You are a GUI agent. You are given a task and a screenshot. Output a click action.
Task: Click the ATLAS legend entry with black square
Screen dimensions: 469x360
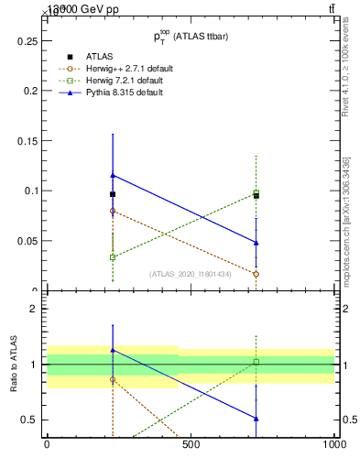coord(99,57)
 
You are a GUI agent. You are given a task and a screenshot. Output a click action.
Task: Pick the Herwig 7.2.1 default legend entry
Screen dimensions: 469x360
coord(123,81)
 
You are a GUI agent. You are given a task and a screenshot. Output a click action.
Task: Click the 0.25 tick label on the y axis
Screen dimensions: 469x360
coord(25,41)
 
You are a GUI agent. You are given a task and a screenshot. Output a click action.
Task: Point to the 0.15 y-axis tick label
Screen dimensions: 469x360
coord(25,141)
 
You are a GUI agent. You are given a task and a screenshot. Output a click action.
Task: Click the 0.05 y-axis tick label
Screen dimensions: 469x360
coord(25,241)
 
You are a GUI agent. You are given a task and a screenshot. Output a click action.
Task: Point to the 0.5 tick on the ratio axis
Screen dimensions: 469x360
coord(27,420)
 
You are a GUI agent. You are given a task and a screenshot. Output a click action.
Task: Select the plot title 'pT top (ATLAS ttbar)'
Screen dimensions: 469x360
coord(190,36)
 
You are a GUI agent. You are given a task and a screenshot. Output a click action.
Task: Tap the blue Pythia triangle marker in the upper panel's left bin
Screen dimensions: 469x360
coord(113,175)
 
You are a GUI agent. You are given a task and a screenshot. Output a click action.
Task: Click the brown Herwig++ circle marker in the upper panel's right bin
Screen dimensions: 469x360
coord(256,274)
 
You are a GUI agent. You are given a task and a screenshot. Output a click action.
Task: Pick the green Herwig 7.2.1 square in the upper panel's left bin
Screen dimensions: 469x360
coord(113,257)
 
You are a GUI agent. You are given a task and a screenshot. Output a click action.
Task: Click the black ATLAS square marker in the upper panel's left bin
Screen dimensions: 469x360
coord(113,194)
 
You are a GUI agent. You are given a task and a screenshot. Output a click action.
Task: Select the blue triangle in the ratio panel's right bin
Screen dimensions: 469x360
coord(256,419)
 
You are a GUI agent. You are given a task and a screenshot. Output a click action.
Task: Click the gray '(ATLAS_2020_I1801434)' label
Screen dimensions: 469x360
coord(190,274)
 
